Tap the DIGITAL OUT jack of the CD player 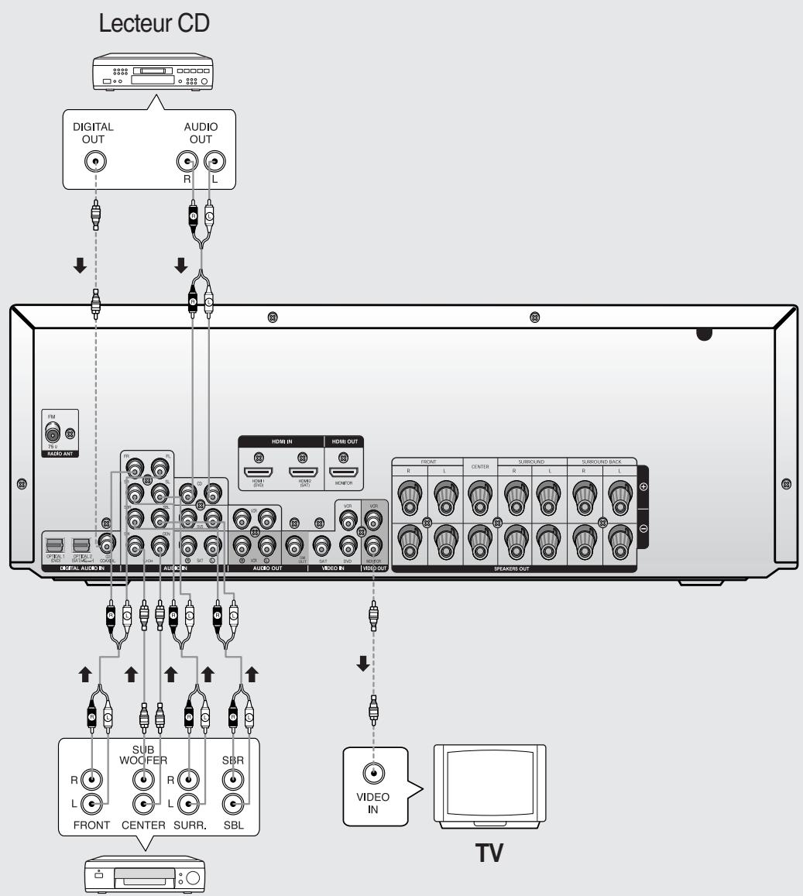pyautogui.click(x=94, y=161)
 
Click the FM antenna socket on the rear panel pyautogui.click(x=53, y=434)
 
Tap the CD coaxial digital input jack pyautogui.click(x=102, y=543)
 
